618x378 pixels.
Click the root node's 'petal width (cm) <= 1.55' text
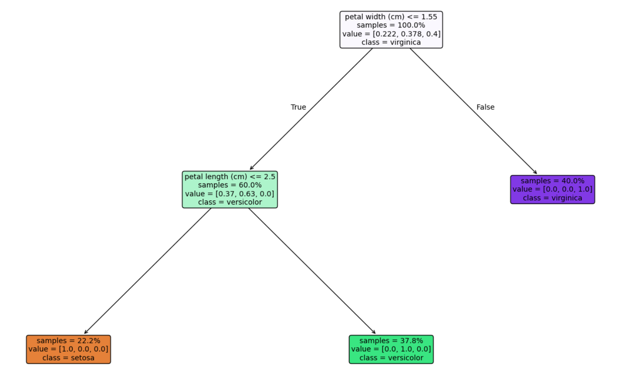click(x=391, y=17)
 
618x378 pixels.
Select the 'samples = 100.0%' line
click(x=391, y=25)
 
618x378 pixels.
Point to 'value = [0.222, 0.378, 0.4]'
click(x=391, y=34)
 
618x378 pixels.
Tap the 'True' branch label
click(x=298, y=107)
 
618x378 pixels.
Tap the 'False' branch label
click(x=485, y=107)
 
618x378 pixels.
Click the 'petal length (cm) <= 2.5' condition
click(x=230, y=177)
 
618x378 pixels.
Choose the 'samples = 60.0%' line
click(x=230, y=185)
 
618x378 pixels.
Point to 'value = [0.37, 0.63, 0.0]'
click(x=230, y=194)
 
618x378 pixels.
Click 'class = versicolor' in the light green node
click(x=230, y=202)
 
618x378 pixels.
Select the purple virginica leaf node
click(x=553, y=190)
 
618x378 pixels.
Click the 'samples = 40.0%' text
click(x=553, y=181)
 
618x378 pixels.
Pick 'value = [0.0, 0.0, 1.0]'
click(x=553, y=189)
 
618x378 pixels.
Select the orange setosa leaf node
click(x=69, y=349)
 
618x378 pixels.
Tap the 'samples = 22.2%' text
click(x=69, y=341)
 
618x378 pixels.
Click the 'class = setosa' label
click(x=69, y=358)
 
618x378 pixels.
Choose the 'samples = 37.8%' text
click(x=391, y=341)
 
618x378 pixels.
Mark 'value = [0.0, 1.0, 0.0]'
click(x=391, y=349)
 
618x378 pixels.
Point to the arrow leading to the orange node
click(x=148, y=270)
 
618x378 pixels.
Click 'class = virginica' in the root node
click(x=391, y=42)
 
